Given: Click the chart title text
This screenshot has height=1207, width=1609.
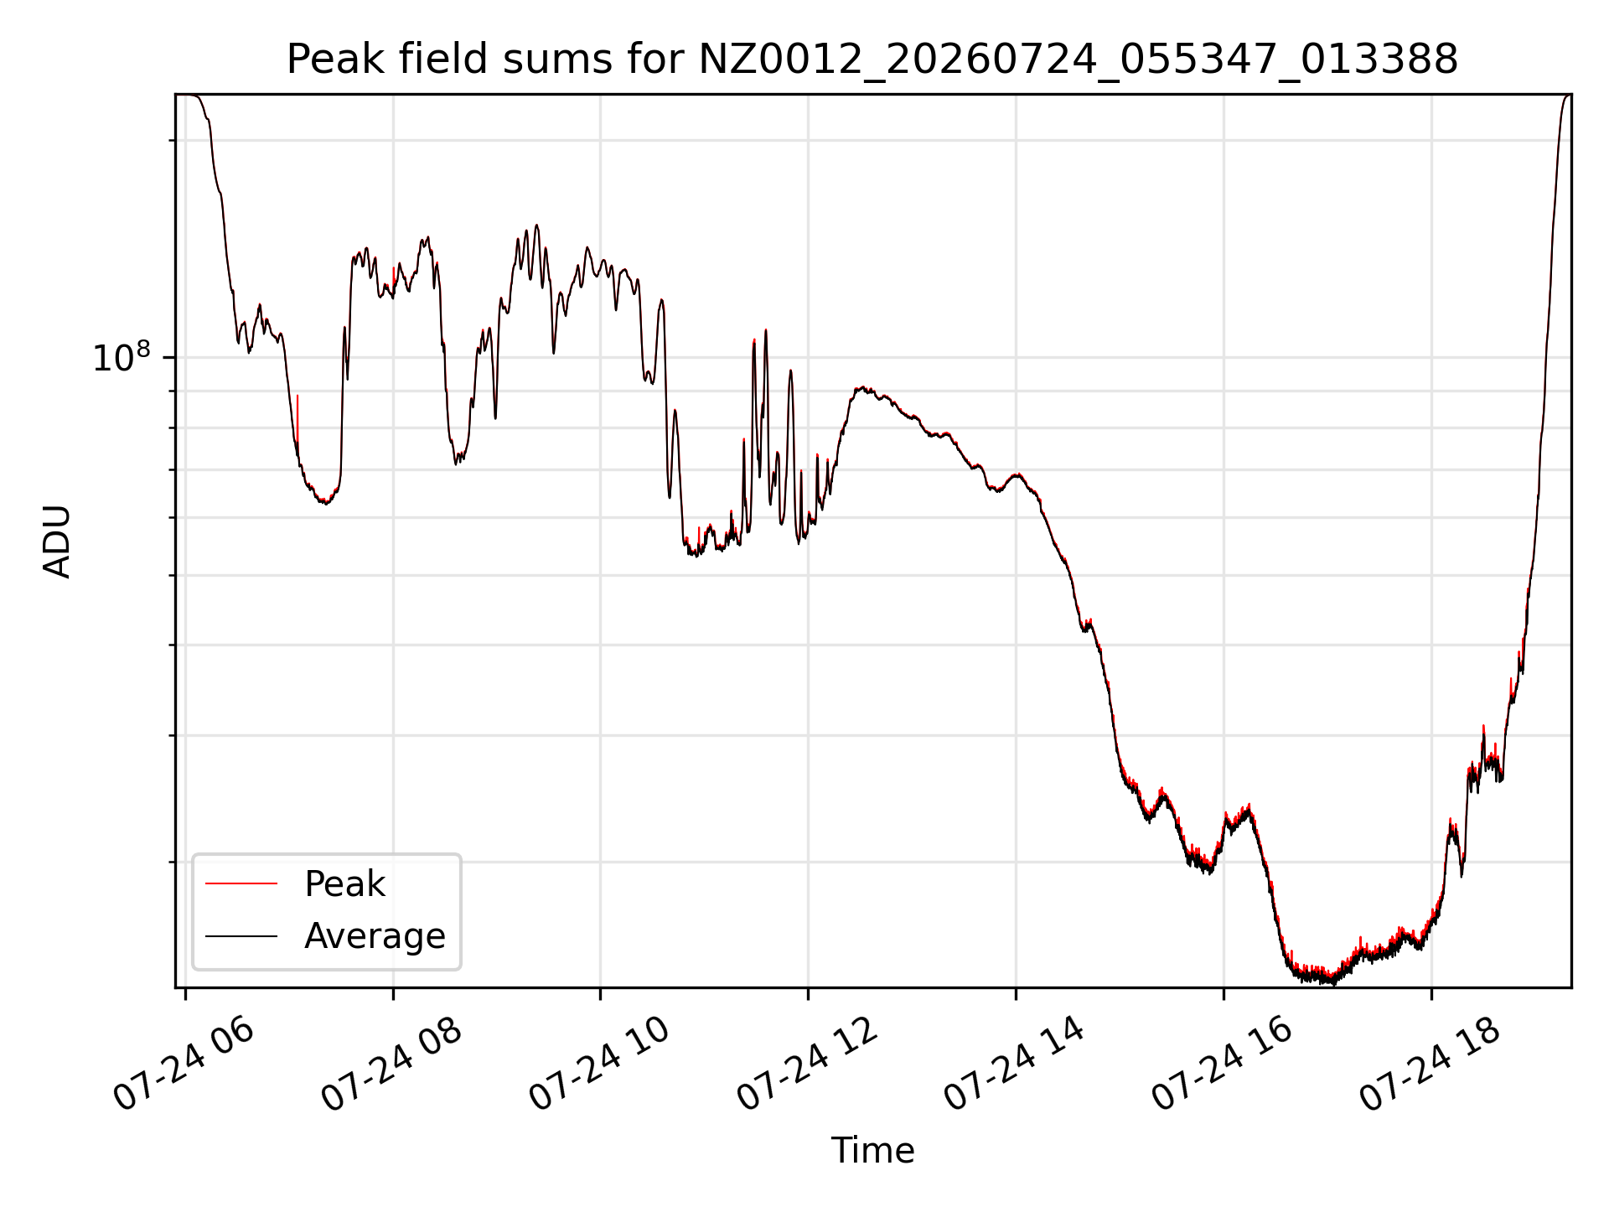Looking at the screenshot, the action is pyautogui.click(x=872, y=60).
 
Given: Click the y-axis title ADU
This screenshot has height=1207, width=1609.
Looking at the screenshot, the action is pyautogui.click(x=57, y=541).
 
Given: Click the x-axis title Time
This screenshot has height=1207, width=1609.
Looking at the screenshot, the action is pyautogui.click(x=872, y=1151).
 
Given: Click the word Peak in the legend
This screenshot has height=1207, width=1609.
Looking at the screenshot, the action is pyautogui.click(x=344, y=884).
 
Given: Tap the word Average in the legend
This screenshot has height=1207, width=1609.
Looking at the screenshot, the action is pyautogui.click(x=375, y=936).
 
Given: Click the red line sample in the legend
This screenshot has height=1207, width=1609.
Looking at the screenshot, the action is pyautogui.click(x=241, y=883).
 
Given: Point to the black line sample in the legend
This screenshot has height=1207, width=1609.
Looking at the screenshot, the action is pyautogui.click(x=241, y=935).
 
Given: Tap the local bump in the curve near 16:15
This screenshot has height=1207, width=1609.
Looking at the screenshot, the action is pyautogui.click(x=1247, y=811).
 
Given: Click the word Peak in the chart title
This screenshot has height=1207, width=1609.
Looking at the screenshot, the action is pyautogui.click(x=322, y=60).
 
